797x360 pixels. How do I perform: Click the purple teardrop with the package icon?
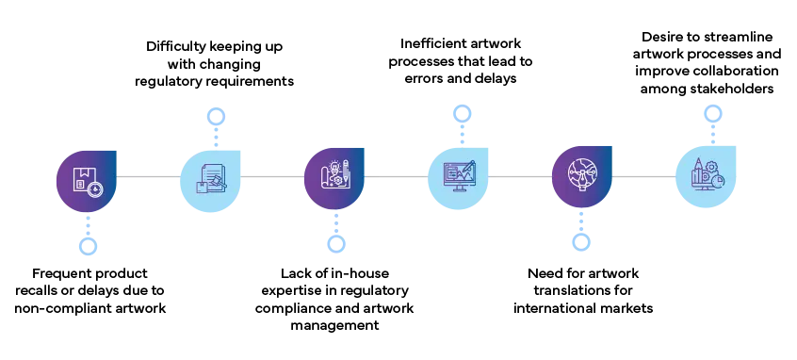86,177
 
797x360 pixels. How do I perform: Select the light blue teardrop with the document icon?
210,177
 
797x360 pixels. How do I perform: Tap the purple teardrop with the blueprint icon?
333,177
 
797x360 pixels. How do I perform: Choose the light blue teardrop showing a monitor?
459,177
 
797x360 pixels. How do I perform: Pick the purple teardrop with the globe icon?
581,177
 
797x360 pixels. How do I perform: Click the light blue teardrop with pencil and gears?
706,177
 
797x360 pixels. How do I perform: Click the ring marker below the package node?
87,246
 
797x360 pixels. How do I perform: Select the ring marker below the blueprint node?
335,245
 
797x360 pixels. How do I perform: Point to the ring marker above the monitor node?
462,115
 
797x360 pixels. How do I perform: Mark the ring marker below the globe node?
581,242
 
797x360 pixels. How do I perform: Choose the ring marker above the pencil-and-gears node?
714,115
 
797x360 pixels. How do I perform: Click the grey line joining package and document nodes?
148,177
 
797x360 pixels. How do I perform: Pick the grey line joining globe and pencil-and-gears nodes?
643,177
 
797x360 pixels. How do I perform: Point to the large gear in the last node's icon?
711,167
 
